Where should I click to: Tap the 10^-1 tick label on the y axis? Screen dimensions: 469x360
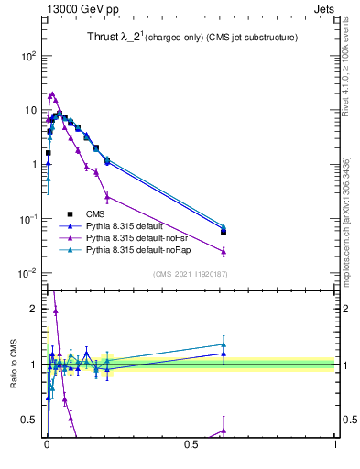27,219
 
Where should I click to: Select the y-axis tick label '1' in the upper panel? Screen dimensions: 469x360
33,165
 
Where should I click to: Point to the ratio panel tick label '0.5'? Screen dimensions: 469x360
29,420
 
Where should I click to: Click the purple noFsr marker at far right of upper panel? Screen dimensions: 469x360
224,251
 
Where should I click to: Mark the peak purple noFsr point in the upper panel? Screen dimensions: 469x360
52,93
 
